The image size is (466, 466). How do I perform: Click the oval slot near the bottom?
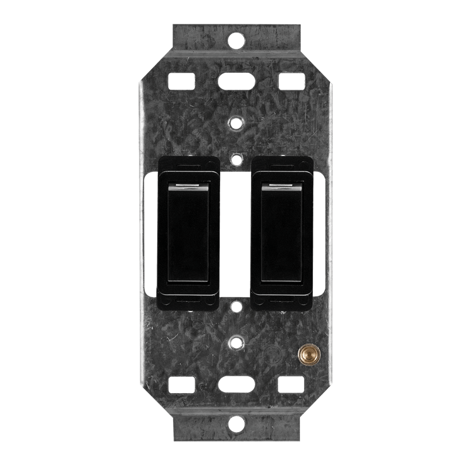pos(235,385)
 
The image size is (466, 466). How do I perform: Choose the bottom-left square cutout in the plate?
pos(181,385)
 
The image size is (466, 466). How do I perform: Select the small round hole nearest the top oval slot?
pos(235,123)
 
